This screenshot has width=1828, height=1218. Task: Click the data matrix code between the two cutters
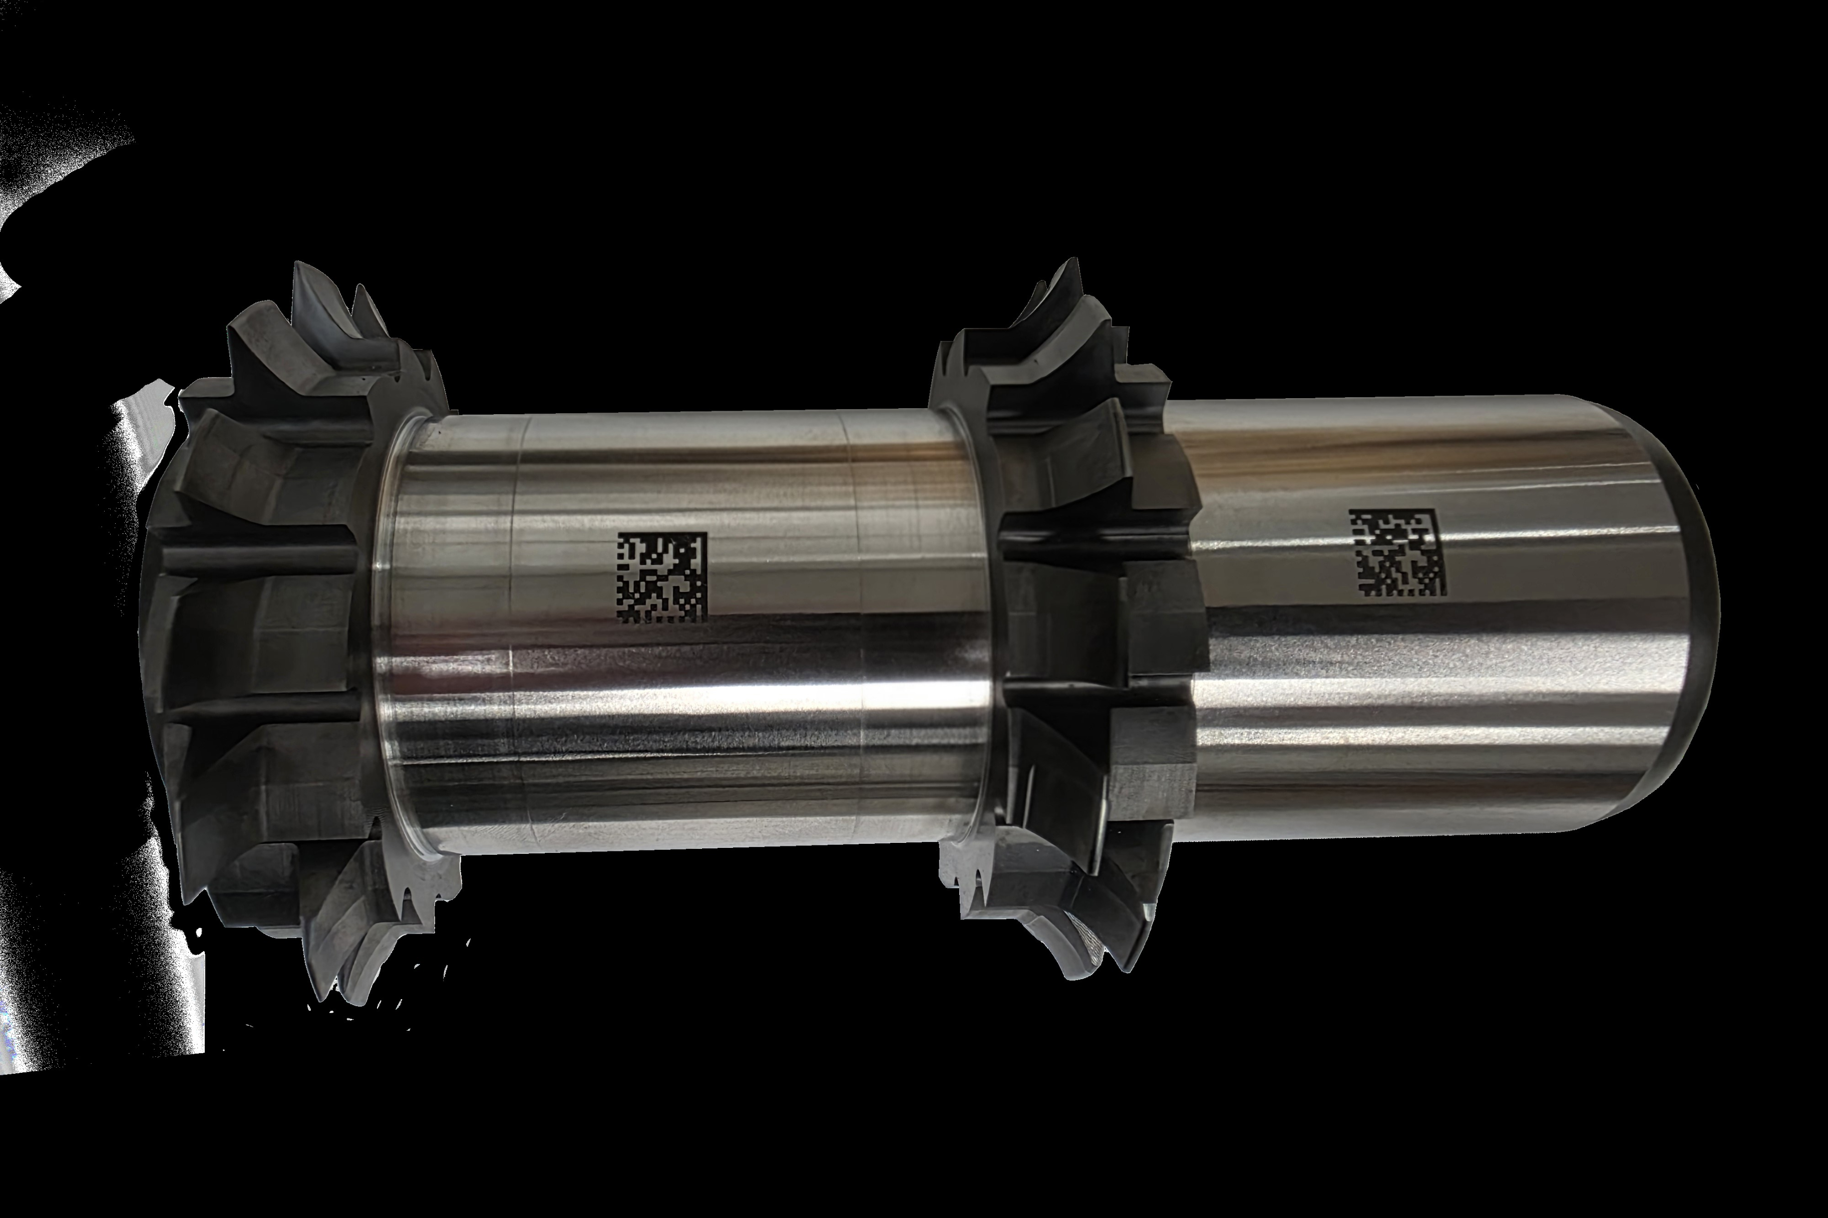click(x=661, y=576)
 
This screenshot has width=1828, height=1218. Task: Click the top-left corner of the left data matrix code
click(x=619, y=534)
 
